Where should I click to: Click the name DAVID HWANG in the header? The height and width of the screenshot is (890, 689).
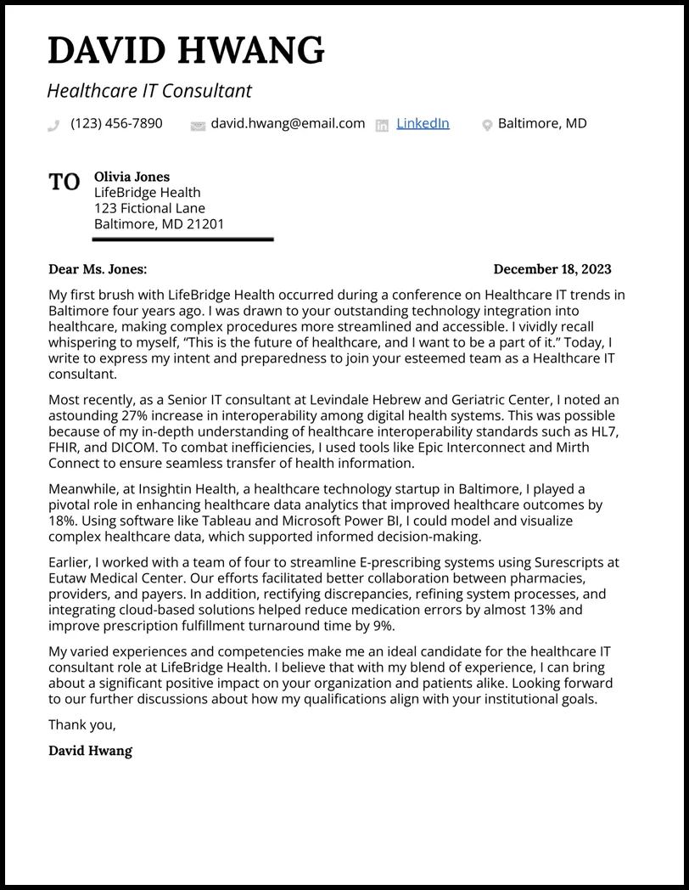(x=186, y=51)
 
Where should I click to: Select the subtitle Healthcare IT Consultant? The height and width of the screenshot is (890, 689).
(x=149, y=91)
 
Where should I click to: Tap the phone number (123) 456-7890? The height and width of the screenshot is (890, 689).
(x=116, y=123)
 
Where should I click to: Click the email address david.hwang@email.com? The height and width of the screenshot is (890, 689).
(x=288, y=123)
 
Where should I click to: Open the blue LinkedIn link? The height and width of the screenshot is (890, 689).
(x=423, y=123)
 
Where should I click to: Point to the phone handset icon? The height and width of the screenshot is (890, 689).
(x=54, y=126)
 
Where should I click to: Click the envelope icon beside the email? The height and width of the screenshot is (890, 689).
(x=198, y=126)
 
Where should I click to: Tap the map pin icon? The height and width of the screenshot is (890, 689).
(x=487, y=126)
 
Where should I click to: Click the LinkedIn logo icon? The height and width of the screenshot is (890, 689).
(x=382, y=126)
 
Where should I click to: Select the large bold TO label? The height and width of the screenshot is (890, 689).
(x=64, y=183)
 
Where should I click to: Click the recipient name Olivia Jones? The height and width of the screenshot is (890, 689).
(x=132, y=177)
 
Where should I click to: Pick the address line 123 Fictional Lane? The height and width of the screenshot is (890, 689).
(x=149, y=208)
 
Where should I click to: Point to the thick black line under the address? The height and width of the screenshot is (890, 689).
(x=182, y=239)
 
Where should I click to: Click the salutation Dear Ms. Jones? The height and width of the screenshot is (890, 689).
(x=98, y=269)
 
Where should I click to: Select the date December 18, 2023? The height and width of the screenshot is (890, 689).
(x=552, y=269)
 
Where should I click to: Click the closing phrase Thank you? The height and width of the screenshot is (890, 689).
(x=82, y=724)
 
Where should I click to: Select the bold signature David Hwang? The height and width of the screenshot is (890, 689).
(x=90, y=751)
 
